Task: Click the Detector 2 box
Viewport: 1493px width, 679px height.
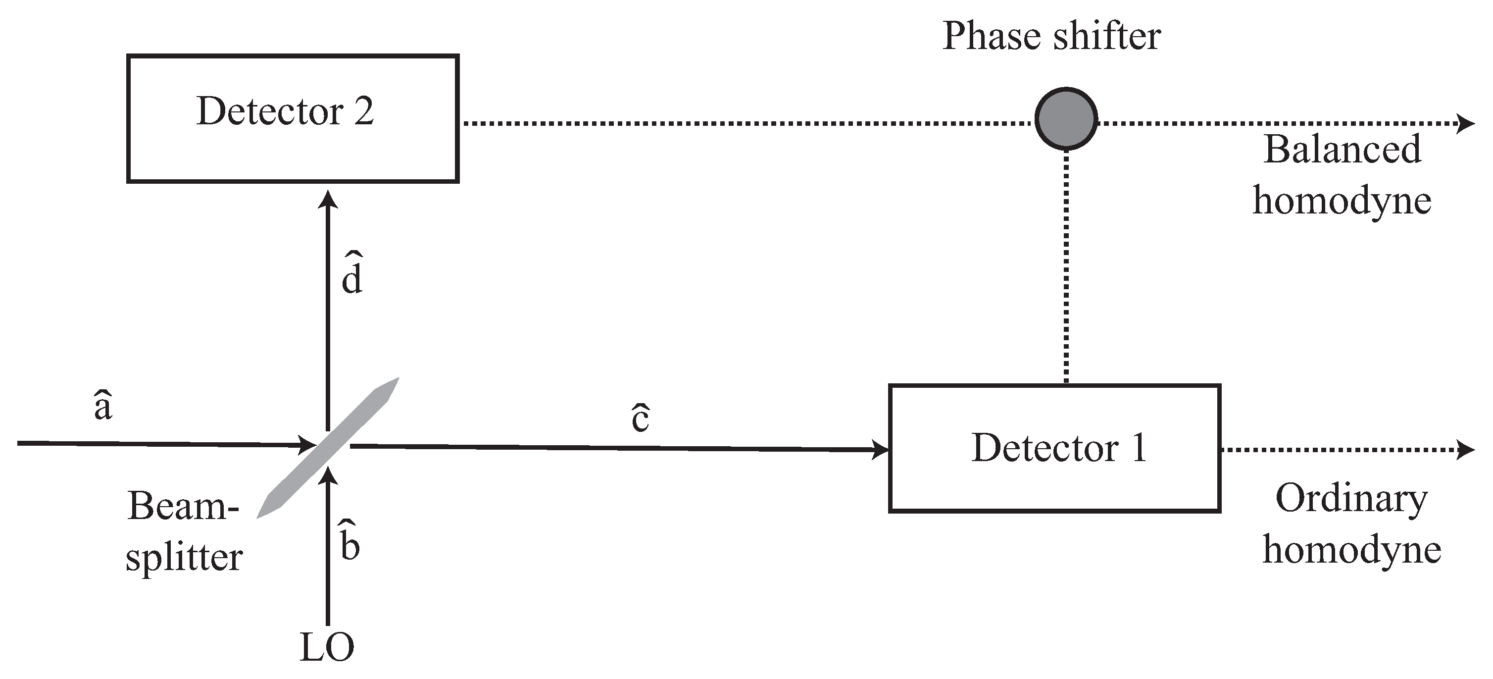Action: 293,119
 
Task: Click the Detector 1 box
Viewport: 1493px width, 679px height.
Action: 1055,448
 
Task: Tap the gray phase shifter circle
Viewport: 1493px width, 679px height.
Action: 1066,119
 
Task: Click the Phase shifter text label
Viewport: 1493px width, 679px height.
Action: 1051,37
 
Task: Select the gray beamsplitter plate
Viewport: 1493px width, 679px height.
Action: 329,448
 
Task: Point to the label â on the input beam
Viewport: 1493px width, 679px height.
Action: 102,405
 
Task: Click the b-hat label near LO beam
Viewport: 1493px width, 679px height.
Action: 349,542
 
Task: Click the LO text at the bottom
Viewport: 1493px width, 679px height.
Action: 327,648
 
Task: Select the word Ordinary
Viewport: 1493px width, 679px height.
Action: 1351,499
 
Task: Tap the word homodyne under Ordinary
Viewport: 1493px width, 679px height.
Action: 1351,550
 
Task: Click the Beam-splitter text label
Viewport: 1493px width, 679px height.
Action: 184,530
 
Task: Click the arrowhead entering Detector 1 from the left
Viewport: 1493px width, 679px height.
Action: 881,449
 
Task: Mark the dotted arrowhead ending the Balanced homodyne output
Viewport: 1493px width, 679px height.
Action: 1466,123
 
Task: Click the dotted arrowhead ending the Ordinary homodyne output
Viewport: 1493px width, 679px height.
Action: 1466,449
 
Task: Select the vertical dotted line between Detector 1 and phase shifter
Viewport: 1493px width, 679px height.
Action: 1066,267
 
